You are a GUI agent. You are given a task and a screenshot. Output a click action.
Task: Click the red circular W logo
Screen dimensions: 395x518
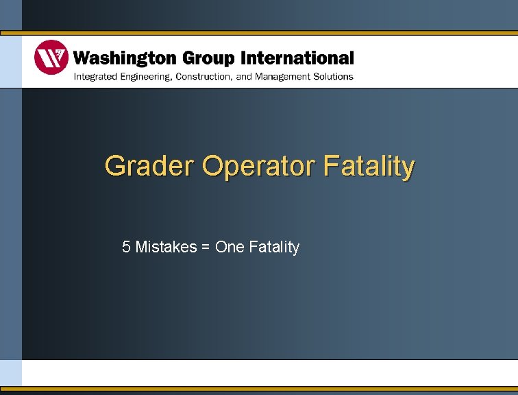[x=51, y=58]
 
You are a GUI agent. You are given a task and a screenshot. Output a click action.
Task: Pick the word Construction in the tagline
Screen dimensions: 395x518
[x=203, y=76]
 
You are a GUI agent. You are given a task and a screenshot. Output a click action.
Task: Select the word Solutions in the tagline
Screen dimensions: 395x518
[x=334, y=76]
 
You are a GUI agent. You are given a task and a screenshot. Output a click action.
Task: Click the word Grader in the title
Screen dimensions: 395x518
[x=150, y=166]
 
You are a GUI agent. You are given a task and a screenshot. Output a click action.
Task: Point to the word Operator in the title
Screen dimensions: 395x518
[x=259, y=167]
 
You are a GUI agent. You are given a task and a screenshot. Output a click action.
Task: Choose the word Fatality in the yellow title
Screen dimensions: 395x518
[x=369, y=166]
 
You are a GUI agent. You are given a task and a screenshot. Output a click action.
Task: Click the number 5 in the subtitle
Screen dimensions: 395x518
[x=126, y=247]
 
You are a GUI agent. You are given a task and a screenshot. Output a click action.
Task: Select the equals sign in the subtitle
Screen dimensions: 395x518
[x=206, y=248]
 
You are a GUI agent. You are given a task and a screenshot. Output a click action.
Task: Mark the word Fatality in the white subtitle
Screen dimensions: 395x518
[x=274, y=247]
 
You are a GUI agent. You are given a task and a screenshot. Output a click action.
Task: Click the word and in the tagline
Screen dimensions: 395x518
[x=244, y=76]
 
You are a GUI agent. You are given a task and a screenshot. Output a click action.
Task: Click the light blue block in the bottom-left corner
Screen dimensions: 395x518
[x=10, y=373]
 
